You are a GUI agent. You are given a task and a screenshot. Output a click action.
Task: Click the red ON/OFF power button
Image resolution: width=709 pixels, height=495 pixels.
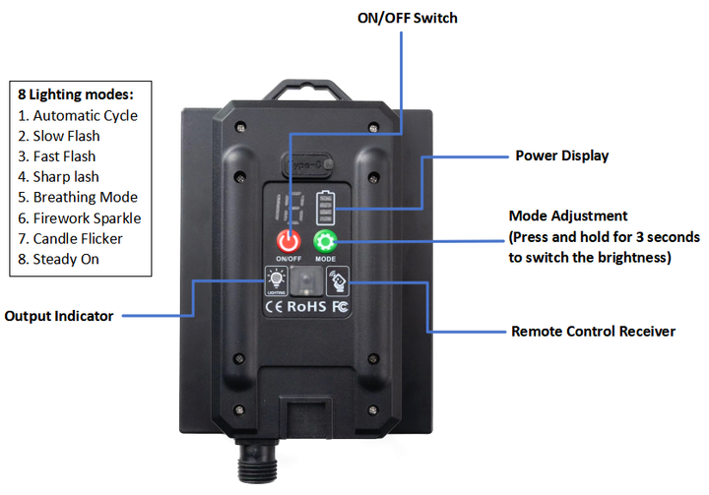(x=289, y=241)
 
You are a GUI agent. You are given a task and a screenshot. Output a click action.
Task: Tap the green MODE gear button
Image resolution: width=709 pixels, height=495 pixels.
(x=325, y=241)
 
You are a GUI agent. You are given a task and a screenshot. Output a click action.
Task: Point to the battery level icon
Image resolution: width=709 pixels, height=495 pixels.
(x=326, y=208)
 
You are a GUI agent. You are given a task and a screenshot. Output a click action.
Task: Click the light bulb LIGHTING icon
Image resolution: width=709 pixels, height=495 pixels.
(x=276, y=280)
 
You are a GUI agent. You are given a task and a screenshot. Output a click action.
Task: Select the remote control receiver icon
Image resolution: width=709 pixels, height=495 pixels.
(x=338, y=280)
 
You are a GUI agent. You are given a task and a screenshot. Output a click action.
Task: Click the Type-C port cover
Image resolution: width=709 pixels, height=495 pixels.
(x=307, y=164)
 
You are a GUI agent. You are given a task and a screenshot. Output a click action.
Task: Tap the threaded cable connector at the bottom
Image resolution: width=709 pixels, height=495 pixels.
(x=257, y=462)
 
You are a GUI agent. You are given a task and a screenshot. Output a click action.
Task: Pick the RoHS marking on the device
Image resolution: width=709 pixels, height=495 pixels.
(x=306, y=306)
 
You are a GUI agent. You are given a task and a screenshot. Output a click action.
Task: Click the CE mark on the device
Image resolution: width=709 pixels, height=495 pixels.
(x=274, y=307)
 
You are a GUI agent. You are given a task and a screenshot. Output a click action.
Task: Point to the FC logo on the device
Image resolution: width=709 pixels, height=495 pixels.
(x=340, y=307)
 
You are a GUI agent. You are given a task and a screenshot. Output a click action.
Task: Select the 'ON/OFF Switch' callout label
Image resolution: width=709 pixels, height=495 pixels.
(x=408, y=18)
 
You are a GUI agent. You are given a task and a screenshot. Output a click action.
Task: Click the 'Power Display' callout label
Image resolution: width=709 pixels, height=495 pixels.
(x=562, y=155)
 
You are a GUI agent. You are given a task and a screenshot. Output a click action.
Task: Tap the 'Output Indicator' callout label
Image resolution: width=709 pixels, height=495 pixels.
(x=59, y=316)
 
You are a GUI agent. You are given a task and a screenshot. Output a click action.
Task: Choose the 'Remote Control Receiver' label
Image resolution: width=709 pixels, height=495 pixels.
(x=593, y=332)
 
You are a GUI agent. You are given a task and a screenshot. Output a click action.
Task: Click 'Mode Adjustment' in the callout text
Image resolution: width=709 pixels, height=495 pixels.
(x=568, y=217)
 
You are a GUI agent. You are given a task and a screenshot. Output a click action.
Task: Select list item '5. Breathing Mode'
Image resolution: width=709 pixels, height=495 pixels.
(x=78, y=197)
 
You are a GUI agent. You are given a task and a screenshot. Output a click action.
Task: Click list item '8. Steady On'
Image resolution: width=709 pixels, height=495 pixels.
(x=58, y=259)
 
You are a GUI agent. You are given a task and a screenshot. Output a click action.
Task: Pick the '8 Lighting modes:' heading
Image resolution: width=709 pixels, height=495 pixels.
(x=76, y=94)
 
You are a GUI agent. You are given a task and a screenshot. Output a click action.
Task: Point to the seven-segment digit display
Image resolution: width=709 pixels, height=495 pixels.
(x=290, y=208)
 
